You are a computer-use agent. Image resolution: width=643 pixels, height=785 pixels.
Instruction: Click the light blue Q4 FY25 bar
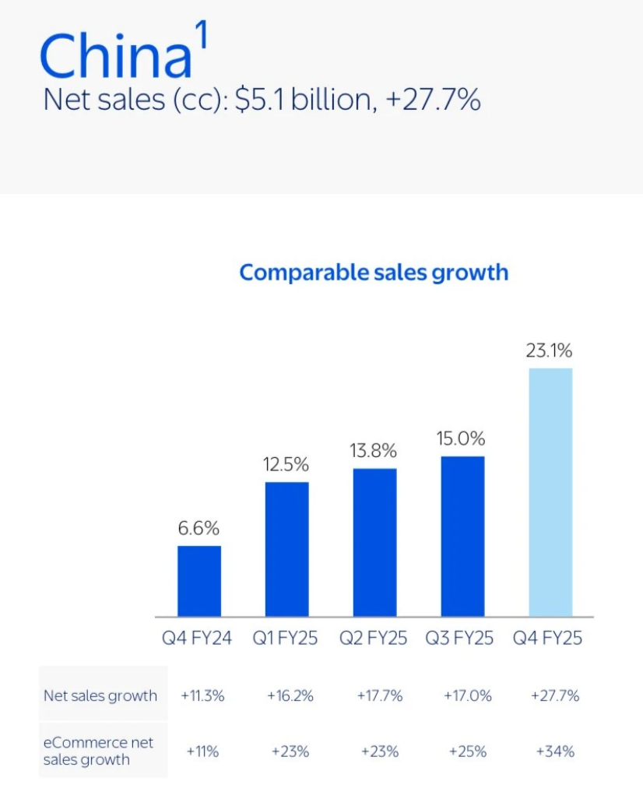550,492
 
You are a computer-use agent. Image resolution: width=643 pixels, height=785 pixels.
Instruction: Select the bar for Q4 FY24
199,581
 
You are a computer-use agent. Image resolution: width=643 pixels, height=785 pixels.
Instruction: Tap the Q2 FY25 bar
374,542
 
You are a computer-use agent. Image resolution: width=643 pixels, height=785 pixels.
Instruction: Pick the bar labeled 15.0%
462,536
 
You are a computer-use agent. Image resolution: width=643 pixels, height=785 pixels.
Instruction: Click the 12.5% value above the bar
286,465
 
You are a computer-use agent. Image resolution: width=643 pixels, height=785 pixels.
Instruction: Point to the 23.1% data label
550,350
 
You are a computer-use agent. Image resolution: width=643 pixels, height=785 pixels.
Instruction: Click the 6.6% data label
199,529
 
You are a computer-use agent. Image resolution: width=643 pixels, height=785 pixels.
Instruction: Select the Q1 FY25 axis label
285,638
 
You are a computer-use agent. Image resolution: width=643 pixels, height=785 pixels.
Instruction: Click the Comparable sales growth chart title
374,273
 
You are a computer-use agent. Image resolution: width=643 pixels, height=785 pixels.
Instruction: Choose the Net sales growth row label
100,695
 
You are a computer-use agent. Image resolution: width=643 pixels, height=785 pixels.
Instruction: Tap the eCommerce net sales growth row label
98,751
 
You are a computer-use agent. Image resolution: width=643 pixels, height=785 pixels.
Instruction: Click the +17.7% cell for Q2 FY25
379,695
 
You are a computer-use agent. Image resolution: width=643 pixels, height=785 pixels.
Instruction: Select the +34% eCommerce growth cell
555,752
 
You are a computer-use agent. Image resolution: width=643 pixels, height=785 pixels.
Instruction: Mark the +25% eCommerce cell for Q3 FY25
468,752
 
